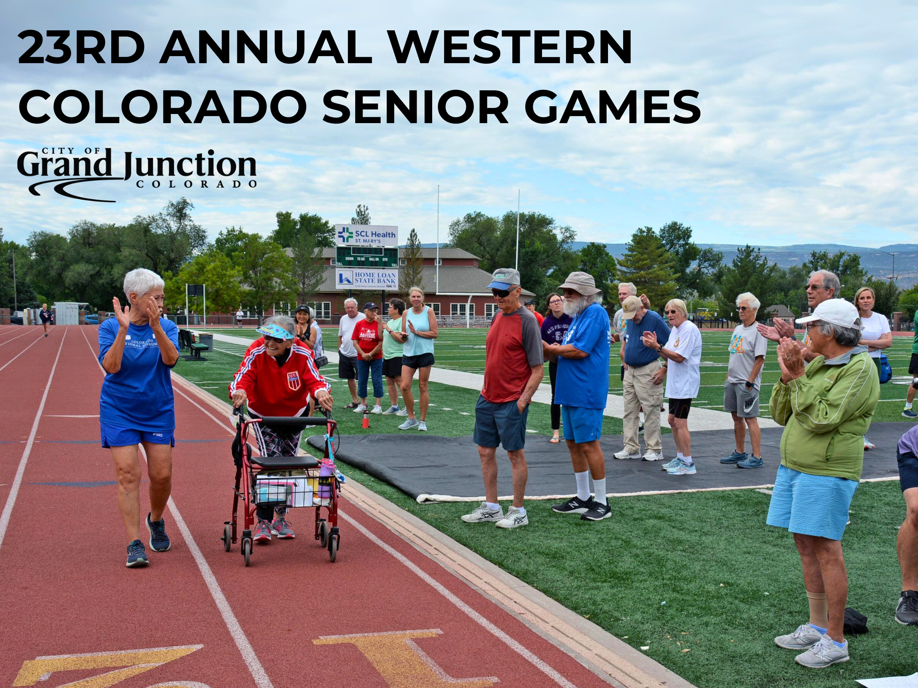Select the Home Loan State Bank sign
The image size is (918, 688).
367,279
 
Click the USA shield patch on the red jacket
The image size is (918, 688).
293,380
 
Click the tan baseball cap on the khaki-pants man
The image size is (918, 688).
631,307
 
